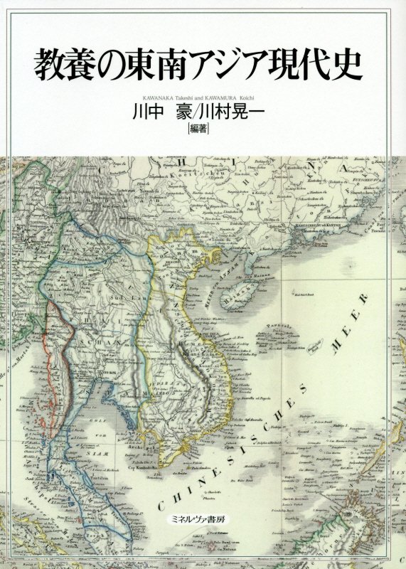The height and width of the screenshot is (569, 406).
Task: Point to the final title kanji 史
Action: pos(346,65)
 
